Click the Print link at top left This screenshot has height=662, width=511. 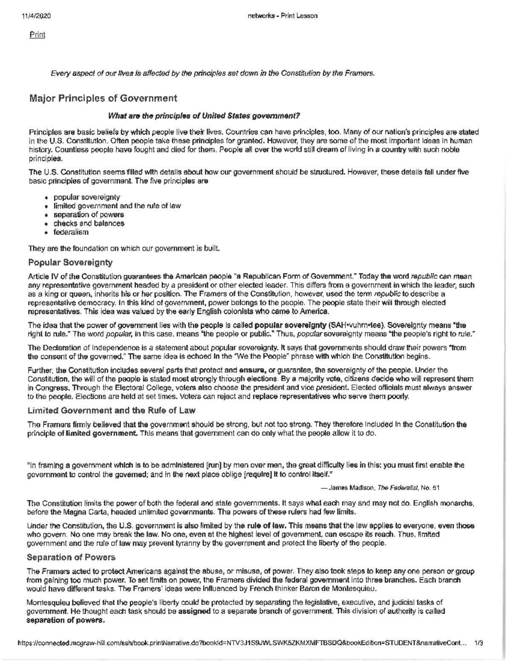tap(37, 35)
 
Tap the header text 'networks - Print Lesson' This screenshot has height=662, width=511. tap(282, 16)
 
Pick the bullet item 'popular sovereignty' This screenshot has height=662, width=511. tap(86, 197)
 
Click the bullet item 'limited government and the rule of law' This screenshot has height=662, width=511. tap(117, 206)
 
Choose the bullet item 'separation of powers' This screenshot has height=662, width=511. tap(88, 214)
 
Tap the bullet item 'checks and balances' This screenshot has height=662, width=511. tap(88, 223)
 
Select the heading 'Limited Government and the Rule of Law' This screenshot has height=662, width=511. tap(111, 410)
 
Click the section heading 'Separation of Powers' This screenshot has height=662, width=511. tap(71, 557)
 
